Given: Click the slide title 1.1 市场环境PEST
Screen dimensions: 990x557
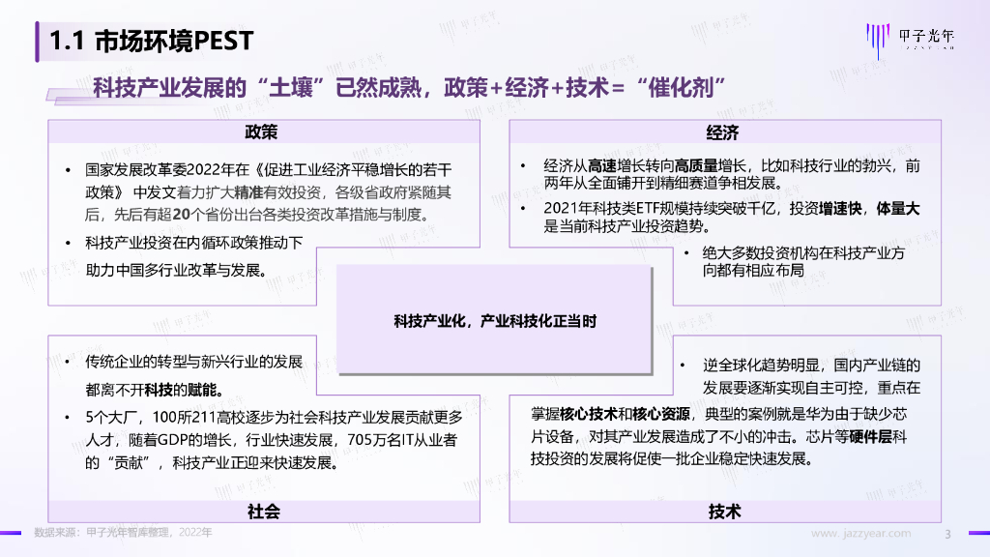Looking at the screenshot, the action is coord(152,41).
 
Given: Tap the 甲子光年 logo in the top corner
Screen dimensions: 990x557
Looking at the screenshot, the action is coord(909,39).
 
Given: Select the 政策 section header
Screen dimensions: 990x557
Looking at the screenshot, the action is coord(262,132).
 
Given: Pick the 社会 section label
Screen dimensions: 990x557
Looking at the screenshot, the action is coord(263,512).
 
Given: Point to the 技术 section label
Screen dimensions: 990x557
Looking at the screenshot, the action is coord(724,512).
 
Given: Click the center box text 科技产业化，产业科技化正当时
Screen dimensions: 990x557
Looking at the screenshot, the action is coord(494,320).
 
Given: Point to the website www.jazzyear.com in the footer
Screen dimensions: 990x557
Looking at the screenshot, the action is coord(859,533).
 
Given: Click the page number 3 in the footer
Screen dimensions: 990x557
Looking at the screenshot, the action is coord(947,533).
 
